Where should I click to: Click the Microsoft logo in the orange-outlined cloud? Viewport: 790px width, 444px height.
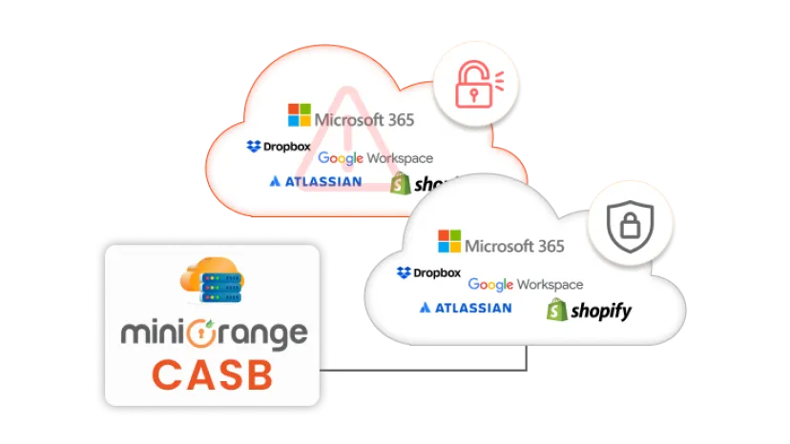click(x=300, y=116)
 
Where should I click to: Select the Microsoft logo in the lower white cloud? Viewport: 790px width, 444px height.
click(x=448, y=241)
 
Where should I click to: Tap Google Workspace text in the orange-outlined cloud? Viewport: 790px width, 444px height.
click(x=375, y=158)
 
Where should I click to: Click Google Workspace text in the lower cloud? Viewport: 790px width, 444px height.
click(x=525, y=284)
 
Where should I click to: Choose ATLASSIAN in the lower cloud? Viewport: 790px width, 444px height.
click(x=466, y=308)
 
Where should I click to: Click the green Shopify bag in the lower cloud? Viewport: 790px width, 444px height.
click(x=557, y=310)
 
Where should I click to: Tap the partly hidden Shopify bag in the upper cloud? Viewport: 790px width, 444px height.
click(x=401, y=183)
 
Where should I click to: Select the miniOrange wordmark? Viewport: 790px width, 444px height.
click(x=213, y=333)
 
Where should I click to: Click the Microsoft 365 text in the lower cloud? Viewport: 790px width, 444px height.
click(x=514, y=245)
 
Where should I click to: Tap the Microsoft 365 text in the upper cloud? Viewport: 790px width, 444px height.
click(x=365, y=120)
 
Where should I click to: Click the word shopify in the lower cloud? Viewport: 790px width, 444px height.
click(x=601, y=311)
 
